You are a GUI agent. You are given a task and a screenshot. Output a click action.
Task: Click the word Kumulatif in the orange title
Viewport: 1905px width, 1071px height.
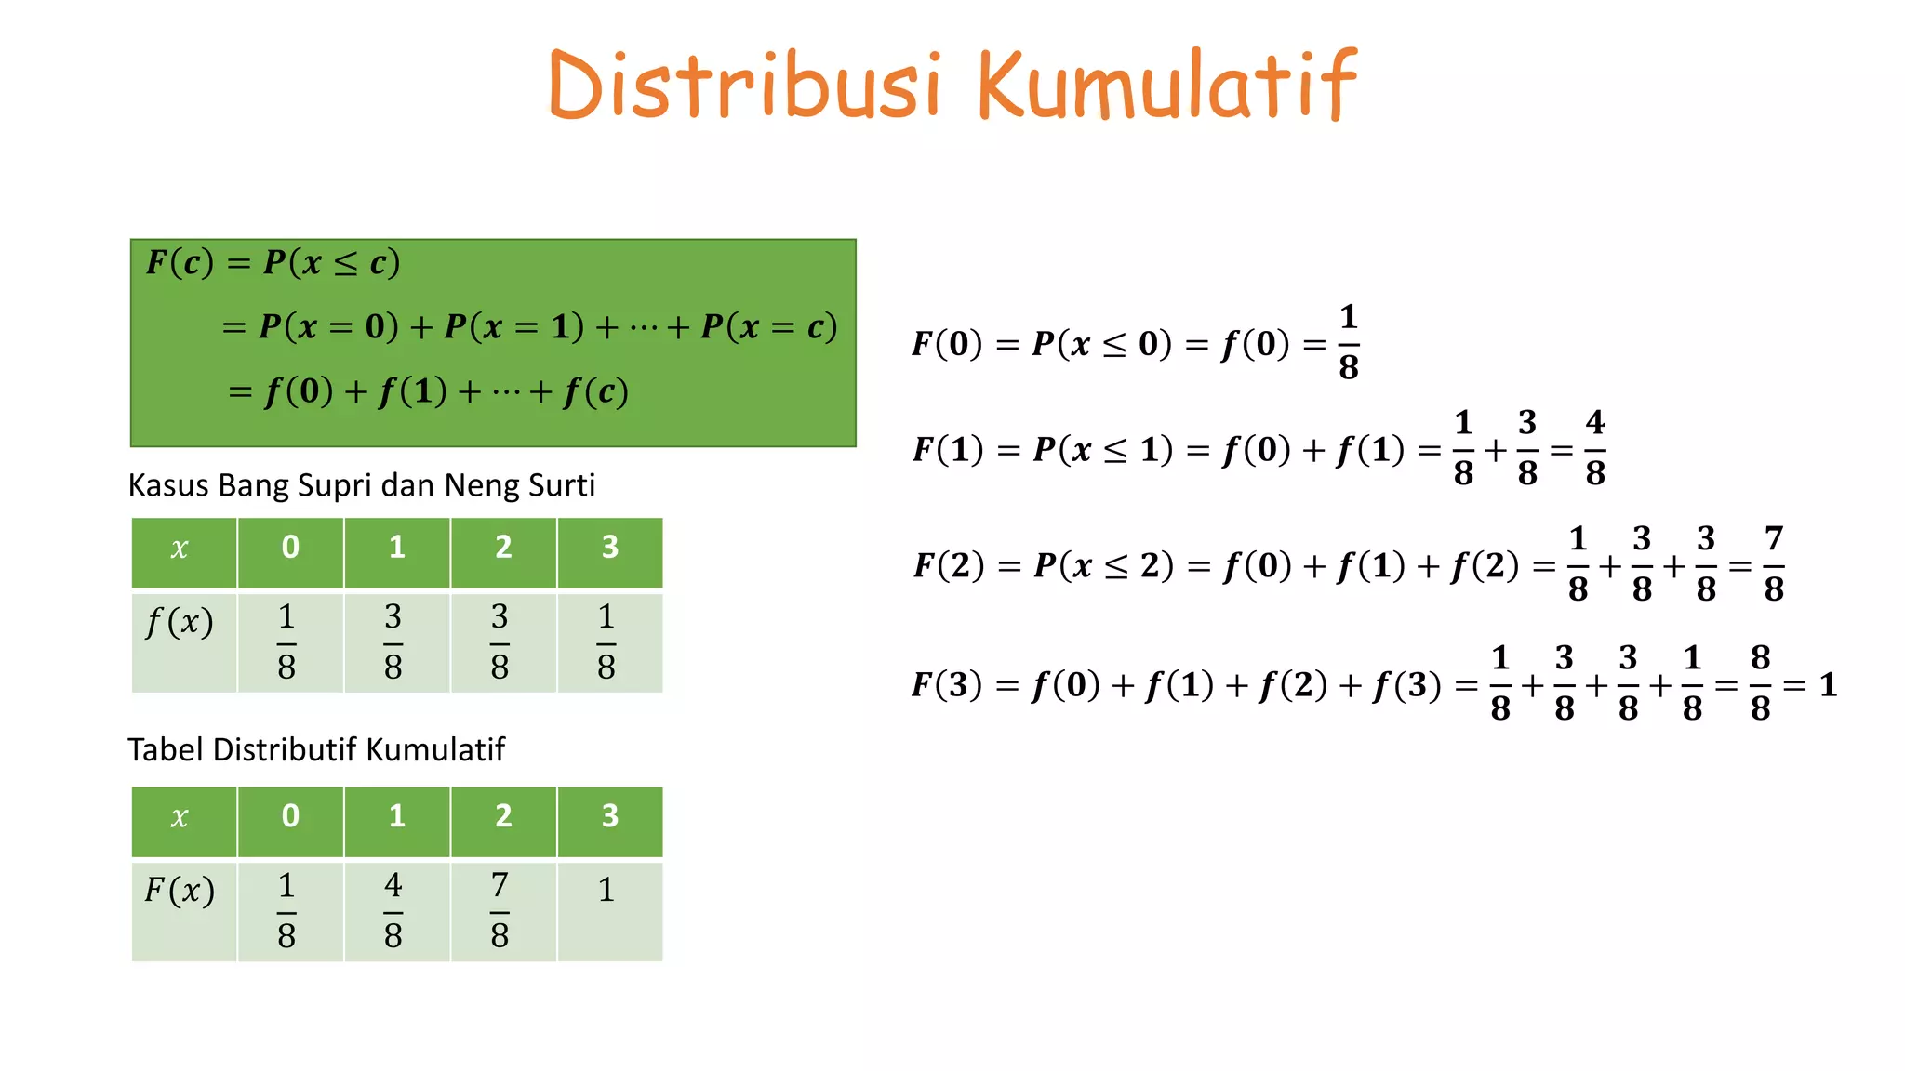pyautogui.click(x=1166, y=86)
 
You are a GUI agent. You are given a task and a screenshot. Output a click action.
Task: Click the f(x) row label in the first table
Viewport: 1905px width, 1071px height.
pyautogui.click(x=180, y=622)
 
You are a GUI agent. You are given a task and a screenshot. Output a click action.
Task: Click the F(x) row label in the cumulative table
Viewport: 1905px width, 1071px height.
pyautogui.click(x=180, y=891)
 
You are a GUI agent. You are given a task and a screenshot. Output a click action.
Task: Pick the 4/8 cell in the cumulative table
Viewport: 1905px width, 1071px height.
pyautogui.click(x=393, y=910)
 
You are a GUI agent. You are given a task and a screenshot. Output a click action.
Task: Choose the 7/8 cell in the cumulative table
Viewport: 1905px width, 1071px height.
pyautogui.click(x=500, y=910)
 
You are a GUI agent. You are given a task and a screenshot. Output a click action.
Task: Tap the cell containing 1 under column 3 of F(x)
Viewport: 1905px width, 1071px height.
pyautogui.click(x=606, y=891)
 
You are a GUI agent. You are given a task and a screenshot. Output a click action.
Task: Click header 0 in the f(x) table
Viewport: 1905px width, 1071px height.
pyautogui.click(x=290, y=548)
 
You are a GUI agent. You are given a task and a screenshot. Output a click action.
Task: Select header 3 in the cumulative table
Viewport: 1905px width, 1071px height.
pyautogui.click(x=609, y=816)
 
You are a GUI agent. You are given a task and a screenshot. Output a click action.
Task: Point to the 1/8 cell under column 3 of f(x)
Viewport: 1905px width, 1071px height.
pyautogui.click(x=606, y=641)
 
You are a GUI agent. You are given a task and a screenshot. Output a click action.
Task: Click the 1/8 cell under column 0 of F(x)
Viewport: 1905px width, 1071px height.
pyautogui.click(x=286, y=910)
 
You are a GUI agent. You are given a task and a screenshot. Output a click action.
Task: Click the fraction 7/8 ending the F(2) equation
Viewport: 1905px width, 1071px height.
pyautogui.click(x=1774, y=563)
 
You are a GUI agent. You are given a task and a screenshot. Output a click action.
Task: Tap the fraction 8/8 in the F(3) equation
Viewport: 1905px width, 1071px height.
pyautogui.click(x=1760, y=683)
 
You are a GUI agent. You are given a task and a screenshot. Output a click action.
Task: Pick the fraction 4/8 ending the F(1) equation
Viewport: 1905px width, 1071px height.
pyautogui.click(x=1595, y=448)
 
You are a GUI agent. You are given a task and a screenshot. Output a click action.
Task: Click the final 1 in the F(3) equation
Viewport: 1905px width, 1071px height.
pyautogui.click(x=1828, y=685)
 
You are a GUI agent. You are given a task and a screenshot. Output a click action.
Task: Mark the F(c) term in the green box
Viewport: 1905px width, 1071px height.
pyautogui.click(x=180, y=263)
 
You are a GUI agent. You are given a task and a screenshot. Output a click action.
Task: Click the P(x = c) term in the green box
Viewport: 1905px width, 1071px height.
pyautogui.click(x=768, y=327)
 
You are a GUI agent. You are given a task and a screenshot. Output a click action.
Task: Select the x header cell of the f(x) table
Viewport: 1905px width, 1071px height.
pyautogui.click(x=180, y=549)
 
